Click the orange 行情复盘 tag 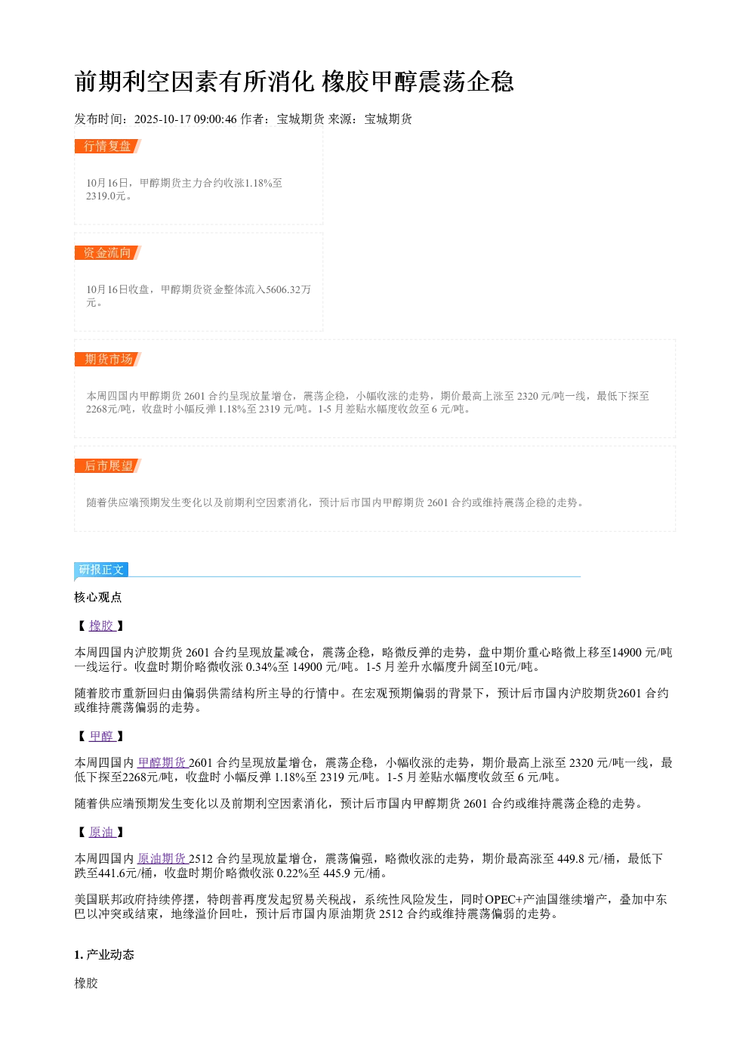point(107,146)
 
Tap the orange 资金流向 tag point(107,252)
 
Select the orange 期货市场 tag point(107,359)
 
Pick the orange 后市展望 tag point(107,465)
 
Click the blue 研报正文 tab point(101,569)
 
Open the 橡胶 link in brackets point(101,626)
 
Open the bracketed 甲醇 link point(101,736)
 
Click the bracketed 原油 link point(101,832)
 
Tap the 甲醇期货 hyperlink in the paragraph point(162,762)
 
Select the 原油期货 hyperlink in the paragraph point(162,858)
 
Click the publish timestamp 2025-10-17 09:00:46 point(185,119)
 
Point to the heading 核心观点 point(98,597)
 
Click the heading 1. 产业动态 point(104,954)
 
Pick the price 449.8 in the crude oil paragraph point(570,858)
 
